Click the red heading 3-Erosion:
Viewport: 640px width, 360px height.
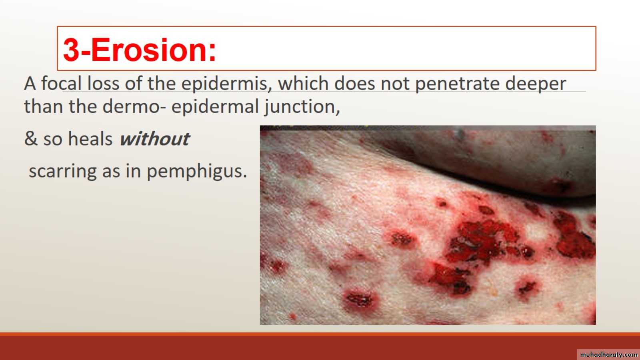(140, 50)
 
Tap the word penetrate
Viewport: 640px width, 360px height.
(457, 84)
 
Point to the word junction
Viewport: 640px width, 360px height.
(302, 107)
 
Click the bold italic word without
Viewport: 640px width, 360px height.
(154, 139)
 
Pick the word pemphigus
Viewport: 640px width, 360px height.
(197, 172)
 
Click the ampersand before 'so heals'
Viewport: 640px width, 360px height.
(31, 138)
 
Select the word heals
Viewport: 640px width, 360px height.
(90, 138)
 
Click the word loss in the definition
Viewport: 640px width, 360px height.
(104, 84)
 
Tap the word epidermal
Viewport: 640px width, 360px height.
(215, 107)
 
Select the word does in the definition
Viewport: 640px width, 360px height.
(354, 84)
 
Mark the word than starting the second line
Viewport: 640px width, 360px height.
(44, 106)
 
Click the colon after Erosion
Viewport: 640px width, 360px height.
(212, 52)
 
